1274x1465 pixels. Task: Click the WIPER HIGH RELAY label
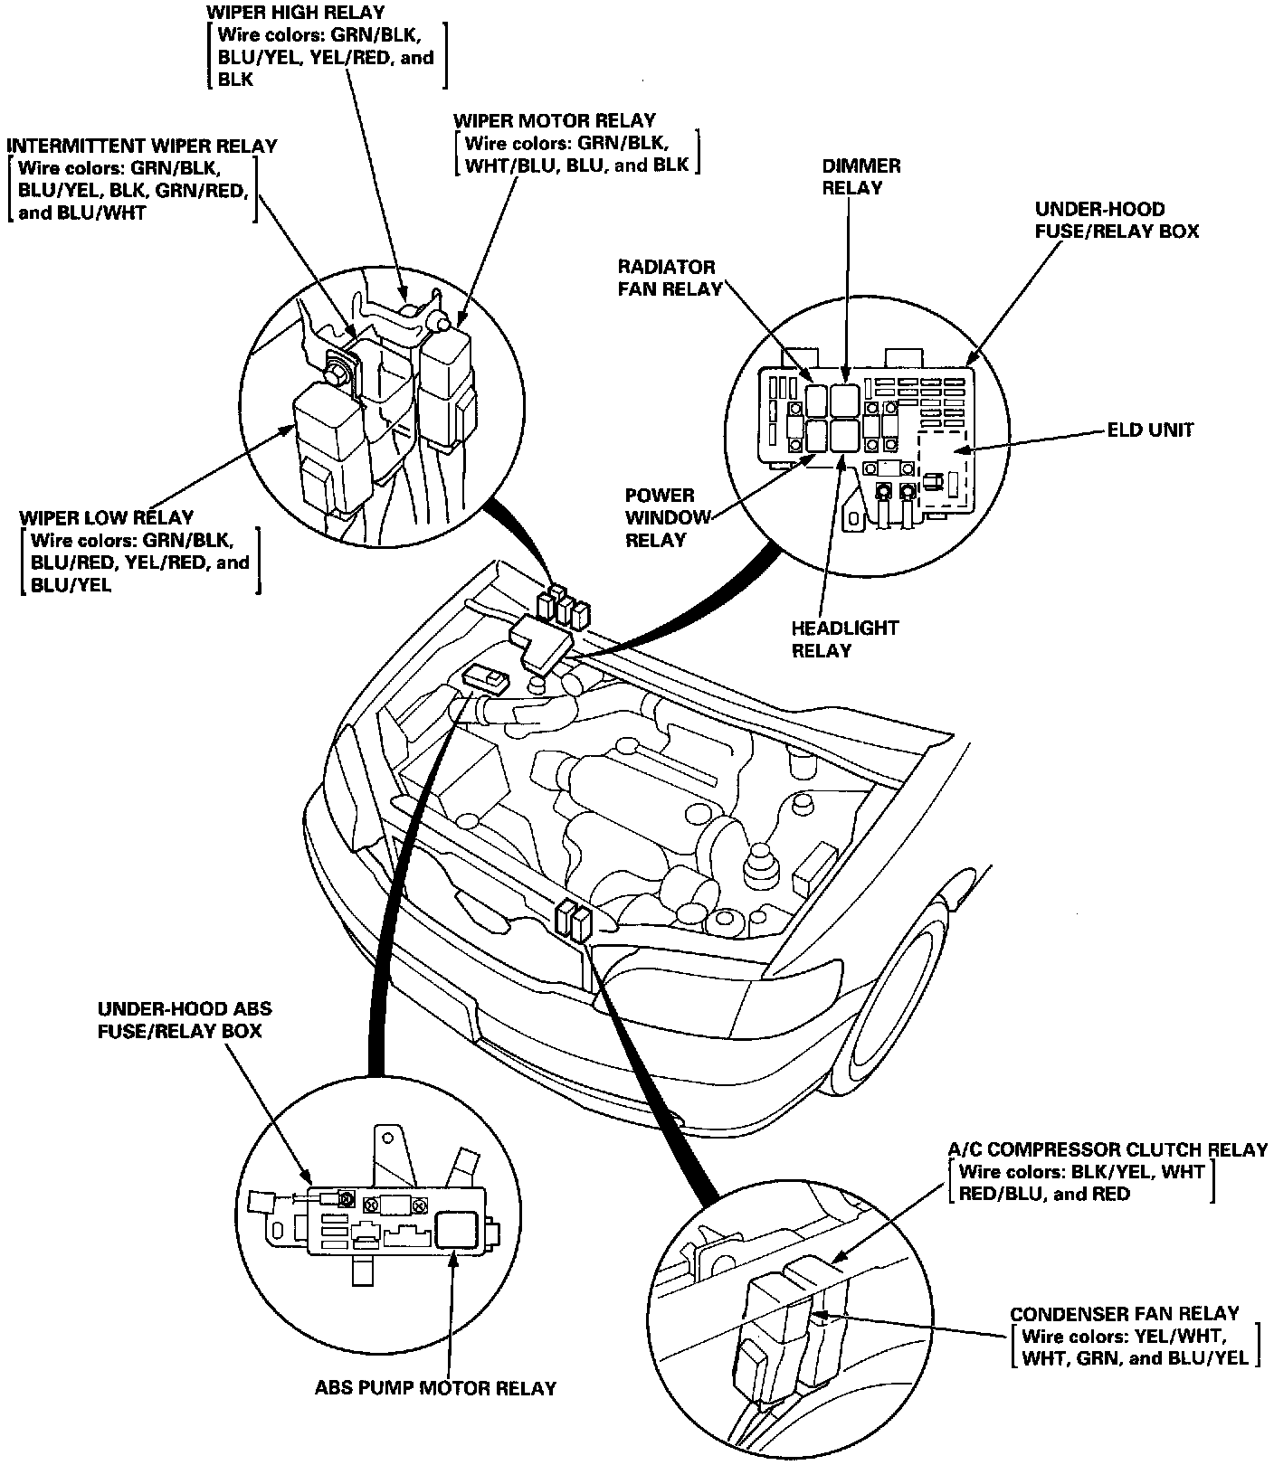click(x=295, y=13)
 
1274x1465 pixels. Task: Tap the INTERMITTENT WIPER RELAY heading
click(x=142, y=146)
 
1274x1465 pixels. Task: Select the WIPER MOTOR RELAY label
click(x=554, y=120)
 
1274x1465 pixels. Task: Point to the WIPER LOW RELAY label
click(x=106, y=518)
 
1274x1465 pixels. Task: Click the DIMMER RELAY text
click(x=860, y=176)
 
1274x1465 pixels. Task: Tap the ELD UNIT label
click(x=1150, y=430)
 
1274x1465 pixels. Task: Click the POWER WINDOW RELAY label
click(x=660, y=517)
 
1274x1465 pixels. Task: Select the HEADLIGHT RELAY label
click(x=845, y=639)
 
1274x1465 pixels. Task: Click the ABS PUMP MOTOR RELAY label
click(x=435, y=1387)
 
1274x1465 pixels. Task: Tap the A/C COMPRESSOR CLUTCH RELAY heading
click(x=1107, y=1149)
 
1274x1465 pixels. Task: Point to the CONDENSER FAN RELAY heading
click(x=1124, y=1314)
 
